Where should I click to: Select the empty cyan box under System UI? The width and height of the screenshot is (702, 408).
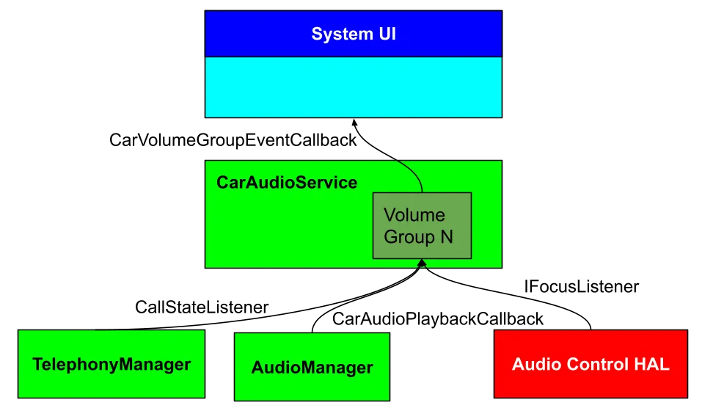[354, 87]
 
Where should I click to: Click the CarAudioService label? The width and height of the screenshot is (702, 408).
[287, 183]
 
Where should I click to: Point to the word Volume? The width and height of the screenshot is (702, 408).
[414, 215]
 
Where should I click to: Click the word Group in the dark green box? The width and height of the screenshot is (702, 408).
[409, 237]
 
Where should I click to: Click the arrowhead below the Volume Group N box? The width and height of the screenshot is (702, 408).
[421, 265]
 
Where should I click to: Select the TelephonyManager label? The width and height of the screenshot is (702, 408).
[111, 365]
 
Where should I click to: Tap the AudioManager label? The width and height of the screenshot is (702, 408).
[312, 368]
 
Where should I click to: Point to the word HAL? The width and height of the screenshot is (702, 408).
[653, 365]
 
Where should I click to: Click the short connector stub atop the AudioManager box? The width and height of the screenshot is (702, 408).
[312, 330]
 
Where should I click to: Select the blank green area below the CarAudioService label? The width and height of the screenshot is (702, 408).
[286, 231]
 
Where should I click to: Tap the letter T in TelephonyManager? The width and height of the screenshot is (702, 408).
[37, 365]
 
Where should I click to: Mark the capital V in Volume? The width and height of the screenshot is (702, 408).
[390, 215]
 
